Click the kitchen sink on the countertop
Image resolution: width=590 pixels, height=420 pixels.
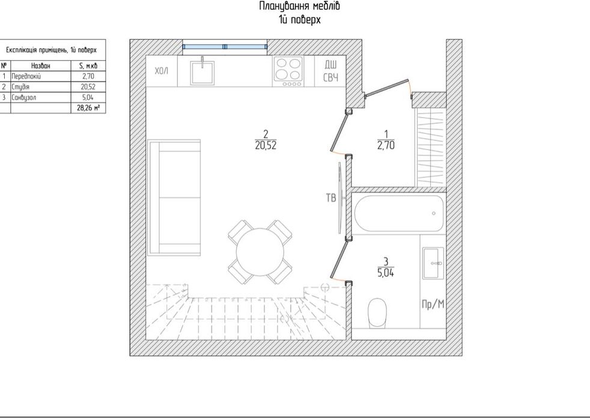(202, 73)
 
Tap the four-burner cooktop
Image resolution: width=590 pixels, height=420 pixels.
(288, 71)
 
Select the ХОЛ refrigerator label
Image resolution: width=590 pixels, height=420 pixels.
(162, 71)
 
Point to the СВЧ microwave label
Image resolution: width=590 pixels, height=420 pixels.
(330, 78)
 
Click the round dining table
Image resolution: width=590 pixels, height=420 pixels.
(260, 252)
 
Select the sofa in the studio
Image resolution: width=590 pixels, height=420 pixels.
(174, 197)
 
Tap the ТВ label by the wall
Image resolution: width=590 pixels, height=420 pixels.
(330, 198)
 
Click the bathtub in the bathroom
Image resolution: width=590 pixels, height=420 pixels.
(399, 213)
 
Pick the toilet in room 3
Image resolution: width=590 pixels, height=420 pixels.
(378, 312)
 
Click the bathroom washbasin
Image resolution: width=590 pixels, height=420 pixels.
(433, 263)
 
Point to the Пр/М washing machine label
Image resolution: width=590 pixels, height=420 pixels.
(433, 304)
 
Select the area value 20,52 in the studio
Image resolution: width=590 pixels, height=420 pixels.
(266, 145)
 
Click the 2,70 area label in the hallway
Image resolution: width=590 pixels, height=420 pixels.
(386, 145)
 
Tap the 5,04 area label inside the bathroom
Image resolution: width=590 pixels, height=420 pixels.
(386, 273)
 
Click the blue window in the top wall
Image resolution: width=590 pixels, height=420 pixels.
(225, 47)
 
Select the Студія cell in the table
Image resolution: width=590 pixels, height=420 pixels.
(41, 87)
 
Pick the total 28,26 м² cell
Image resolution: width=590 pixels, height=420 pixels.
(88, 108)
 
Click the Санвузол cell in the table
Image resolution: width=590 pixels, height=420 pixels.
(41, 97)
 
